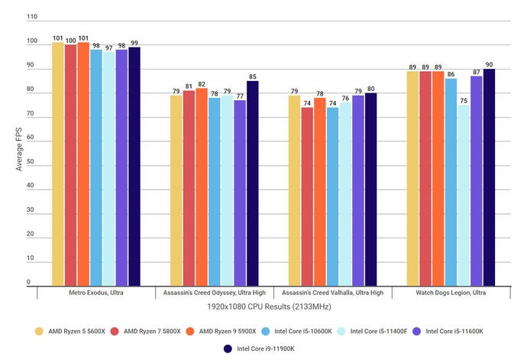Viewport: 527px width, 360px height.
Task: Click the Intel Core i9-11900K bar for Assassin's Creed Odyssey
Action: [252, 183]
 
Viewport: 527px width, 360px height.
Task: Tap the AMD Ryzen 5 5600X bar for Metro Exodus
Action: [58, 164]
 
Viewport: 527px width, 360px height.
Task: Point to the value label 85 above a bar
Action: [252, 76]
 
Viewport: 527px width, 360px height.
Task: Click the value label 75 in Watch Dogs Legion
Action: [464, 100]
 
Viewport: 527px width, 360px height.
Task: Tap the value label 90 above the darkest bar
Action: [489, 64]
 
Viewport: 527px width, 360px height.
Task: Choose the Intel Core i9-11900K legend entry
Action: [263, 349]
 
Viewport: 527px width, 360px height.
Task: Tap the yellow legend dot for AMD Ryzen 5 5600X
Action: [39, 331]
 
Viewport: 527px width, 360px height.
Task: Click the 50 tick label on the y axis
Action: [31, 164]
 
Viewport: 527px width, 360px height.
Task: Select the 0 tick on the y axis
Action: [29, 282]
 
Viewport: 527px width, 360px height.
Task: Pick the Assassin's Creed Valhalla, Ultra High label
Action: [332, 293]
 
